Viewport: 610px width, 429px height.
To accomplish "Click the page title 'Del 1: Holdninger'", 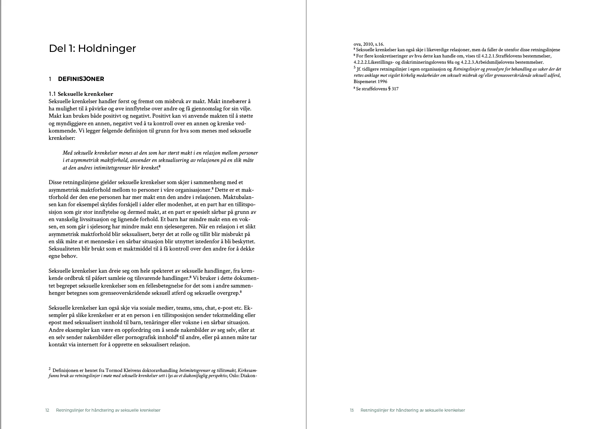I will pos(92,48).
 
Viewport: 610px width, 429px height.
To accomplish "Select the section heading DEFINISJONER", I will pos(81,79).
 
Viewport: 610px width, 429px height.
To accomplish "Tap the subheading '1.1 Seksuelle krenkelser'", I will pos(81,94).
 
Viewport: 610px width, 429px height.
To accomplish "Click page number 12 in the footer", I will pos(47,410).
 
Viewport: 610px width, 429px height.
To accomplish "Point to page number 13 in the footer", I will pos(352,410).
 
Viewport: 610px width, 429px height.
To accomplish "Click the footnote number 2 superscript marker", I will pos(50,369).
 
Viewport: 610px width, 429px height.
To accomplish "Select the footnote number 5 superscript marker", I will pos(355,68).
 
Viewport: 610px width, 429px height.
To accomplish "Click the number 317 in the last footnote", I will pos(395,89).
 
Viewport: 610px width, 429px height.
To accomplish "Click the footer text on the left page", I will pos(108,410).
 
